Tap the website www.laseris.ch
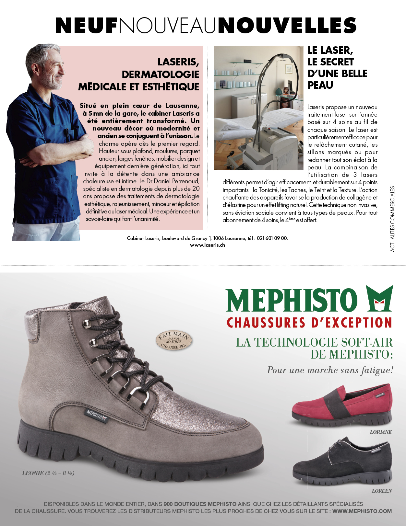click(208, 245)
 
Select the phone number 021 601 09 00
click(272, 238)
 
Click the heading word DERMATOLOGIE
click(160, 74)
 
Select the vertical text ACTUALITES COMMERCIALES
click(392, 219)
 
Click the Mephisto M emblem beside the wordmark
click(379, 298)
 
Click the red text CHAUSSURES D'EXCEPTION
click(309, 323)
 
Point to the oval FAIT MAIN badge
click(174, 341)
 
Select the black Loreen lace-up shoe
click(342, 462)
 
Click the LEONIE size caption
click(48, 473)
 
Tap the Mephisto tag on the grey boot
click(96, 416)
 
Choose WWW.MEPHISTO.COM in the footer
click(362, 511)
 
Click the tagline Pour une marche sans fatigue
click(330, 370)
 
